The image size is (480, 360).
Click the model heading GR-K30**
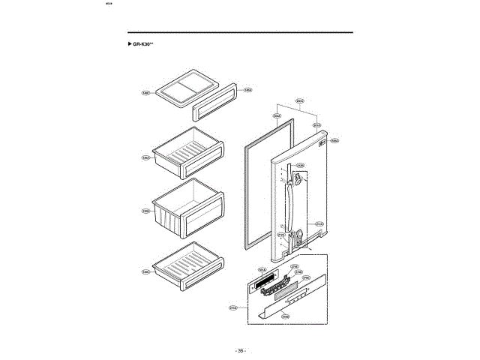143,45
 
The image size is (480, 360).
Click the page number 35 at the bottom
239,350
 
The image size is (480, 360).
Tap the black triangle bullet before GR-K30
129,45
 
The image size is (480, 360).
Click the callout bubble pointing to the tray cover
146,93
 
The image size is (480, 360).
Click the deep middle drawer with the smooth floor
187,205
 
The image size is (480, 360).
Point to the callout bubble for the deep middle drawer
146,211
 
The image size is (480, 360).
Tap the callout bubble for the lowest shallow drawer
146,271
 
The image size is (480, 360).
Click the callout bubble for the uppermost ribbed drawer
146,157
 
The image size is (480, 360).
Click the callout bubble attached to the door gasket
276,116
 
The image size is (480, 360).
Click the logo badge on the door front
320,145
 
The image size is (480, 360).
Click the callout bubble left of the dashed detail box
232,307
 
